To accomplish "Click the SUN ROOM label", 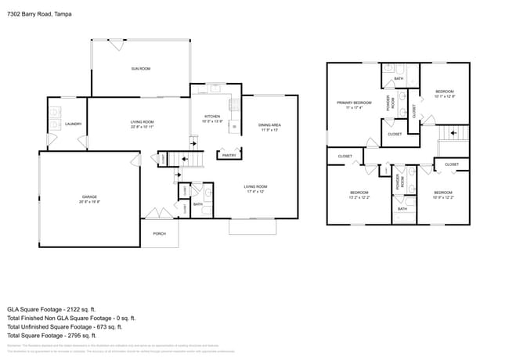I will point(141,70).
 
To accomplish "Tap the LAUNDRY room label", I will point(74,124).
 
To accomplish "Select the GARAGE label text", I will point(89,196).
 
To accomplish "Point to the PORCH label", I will point(159,233).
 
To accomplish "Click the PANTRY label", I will point(229,155).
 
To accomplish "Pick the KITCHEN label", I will point(213,116).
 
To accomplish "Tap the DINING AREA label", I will point(270,125).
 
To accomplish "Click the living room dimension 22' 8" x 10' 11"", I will point(142,127).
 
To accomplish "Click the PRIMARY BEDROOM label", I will point(354,103).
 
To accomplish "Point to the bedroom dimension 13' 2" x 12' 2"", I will point(360,197).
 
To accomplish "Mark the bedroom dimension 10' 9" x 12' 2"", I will point(443,197).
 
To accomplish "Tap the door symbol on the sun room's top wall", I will point(117,45).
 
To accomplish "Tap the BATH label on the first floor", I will point(198,204).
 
